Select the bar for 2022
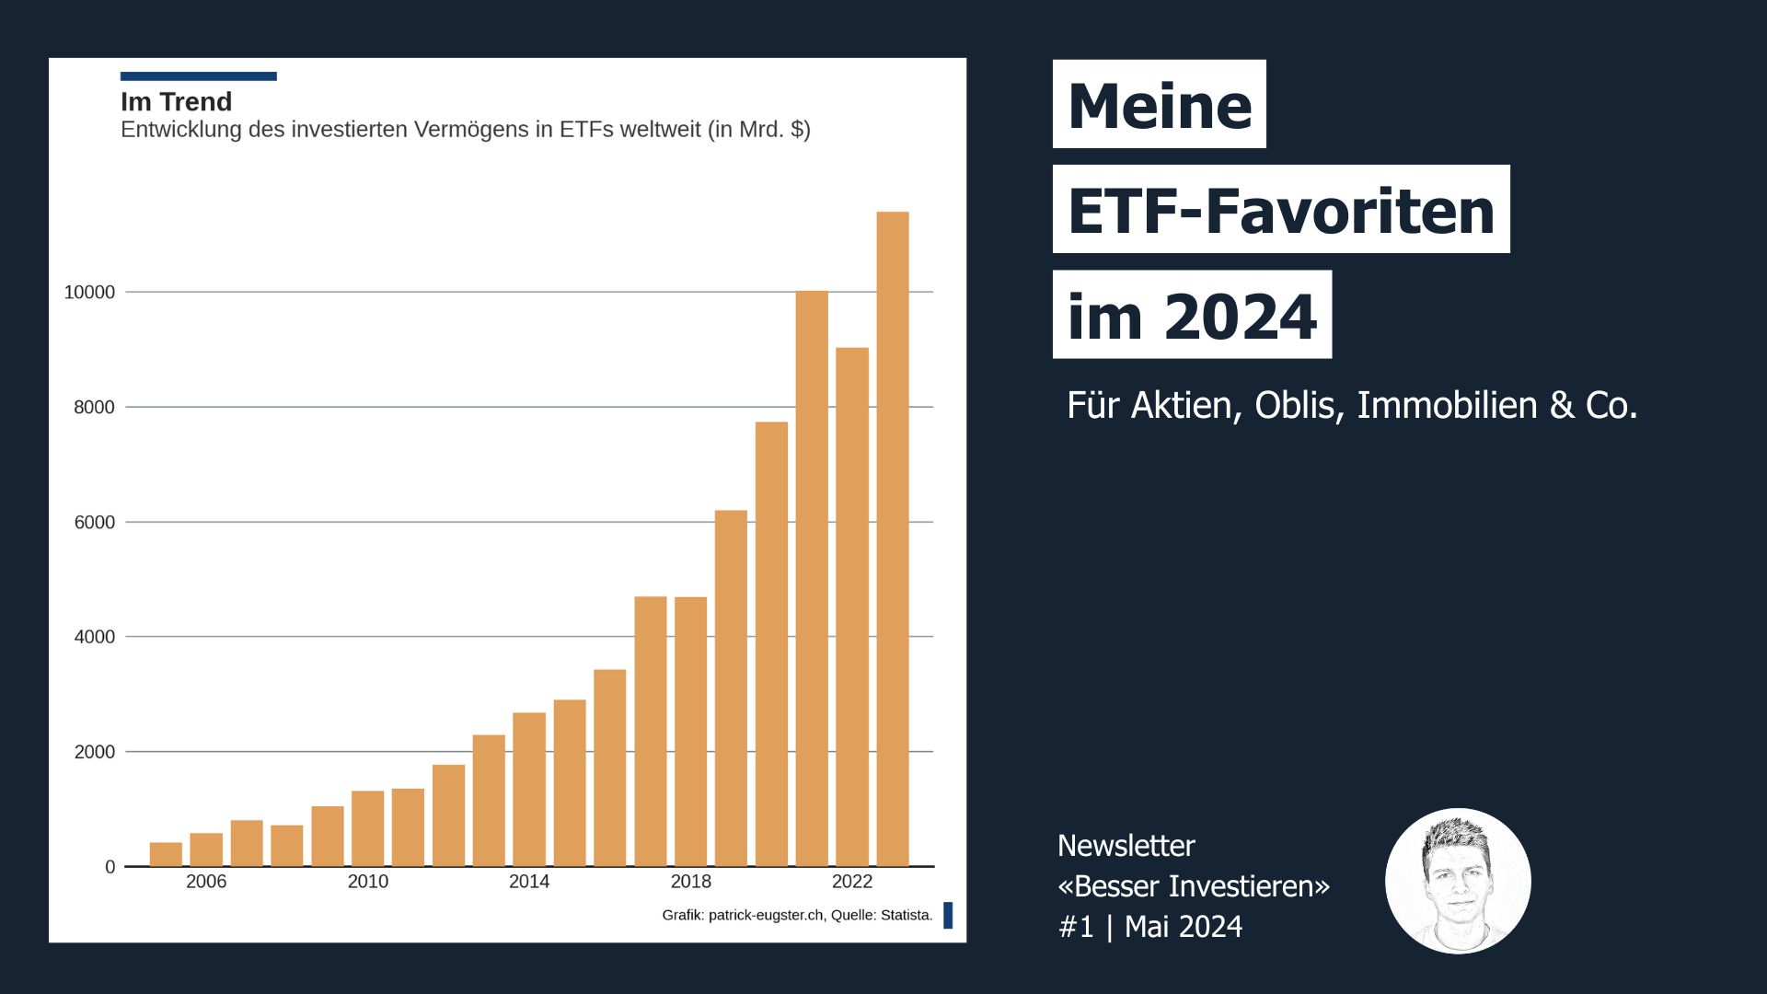(x=852, y=607)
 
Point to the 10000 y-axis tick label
(x=89, y=293)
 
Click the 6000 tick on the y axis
(x=94, y=523)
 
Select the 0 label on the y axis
(x=110, y=867)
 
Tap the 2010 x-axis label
(x=367, y=882)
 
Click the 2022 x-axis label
(x=851, y=882)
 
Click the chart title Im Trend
(x=176, y=102)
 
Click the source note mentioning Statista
(x=796, y=915)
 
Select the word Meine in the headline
(x=1160, y=105)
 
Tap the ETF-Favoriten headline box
(x=1280, y=210)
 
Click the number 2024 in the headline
(x=1240, y=317)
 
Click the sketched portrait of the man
(x=1458, y=881)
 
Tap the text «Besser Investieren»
(x=1194, y=886)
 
